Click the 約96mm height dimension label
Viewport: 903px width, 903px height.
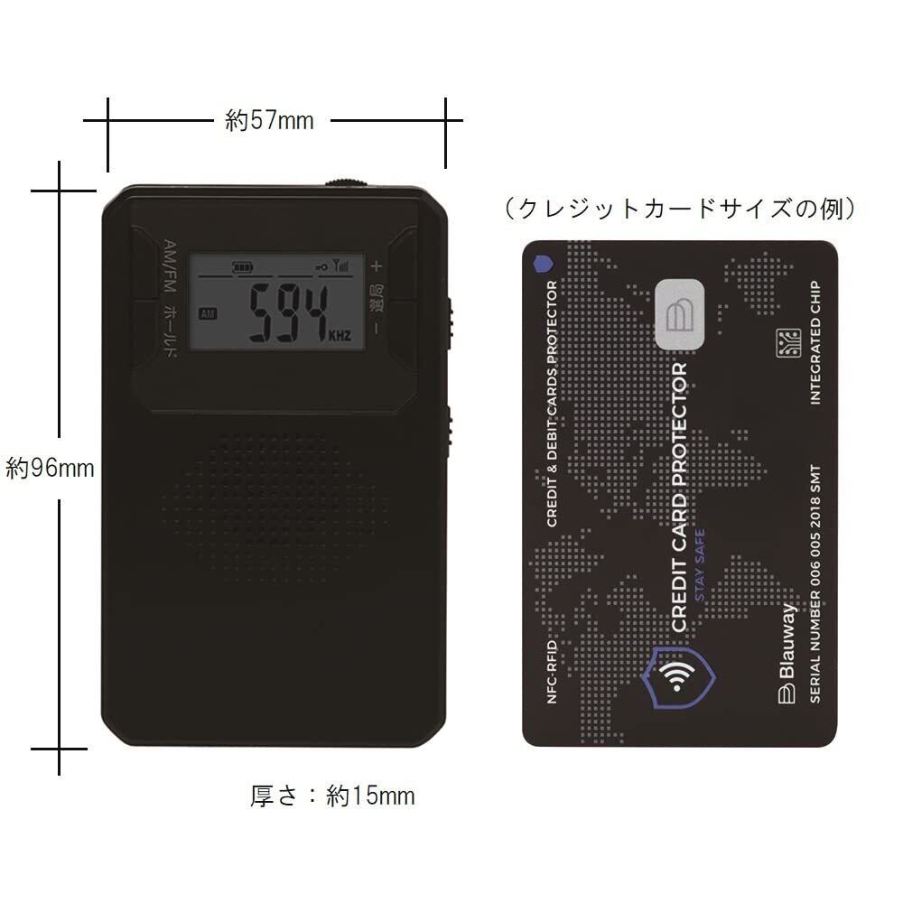(50, 468)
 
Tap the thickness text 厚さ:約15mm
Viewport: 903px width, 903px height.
(332, 796)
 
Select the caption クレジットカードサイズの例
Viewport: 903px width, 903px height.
(680, 209)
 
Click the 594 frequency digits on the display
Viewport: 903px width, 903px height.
(286, 313)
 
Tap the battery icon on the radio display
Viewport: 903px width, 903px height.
(243, 267)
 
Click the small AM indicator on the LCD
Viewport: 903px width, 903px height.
(209, 313)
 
